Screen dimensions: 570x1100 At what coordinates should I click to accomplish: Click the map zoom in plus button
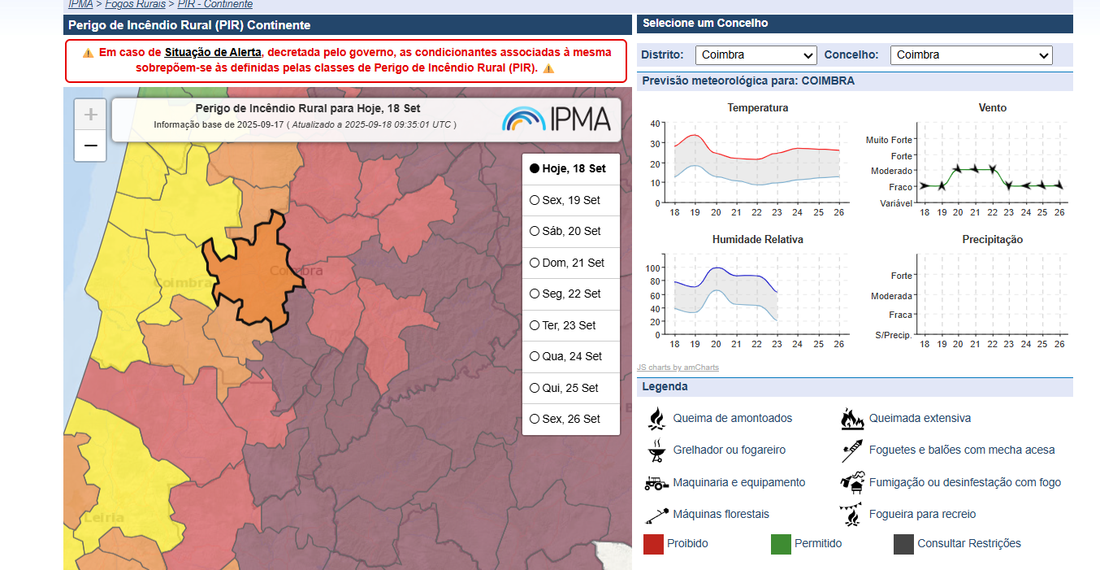tap(90, 115)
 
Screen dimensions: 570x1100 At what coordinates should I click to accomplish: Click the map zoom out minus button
tap(90, 146)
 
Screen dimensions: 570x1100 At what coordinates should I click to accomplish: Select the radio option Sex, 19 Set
tap(535, 200)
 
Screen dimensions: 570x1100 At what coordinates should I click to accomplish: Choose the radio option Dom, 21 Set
tap(535, 263)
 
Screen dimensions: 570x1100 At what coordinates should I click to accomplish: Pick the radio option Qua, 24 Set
tap(535, 356)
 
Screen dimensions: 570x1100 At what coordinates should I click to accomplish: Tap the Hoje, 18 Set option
tap(535, 169)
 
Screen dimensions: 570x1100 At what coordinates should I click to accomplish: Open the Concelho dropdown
tap(971, 55)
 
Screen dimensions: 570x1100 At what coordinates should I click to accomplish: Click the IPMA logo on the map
tap(556, 119)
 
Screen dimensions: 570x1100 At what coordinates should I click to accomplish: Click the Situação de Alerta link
tap(213, 52)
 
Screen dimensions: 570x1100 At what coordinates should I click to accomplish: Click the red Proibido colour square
tap(653, 544)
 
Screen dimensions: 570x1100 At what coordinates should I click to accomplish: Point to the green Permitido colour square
tap(781, 544)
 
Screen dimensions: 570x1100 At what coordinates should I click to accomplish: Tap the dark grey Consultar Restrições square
tap(903, 544)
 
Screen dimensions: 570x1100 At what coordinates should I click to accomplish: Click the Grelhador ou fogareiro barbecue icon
tap(655, 450)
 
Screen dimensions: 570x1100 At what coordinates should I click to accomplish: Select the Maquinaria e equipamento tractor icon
tap(656, 482)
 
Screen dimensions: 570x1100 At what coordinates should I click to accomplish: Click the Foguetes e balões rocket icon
tap(851, 450)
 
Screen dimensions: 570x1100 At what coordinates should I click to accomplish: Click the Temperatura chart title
tap(757, 107)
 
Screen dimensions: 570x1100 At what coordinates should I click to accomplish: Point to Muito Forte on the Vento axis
tap(889, 140)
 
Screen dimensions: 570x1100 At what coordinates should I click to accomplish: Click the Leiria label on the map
tap(103, 518)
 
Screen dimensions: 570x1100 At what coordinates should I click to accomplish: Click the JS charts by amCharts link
tap(678, 368)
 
